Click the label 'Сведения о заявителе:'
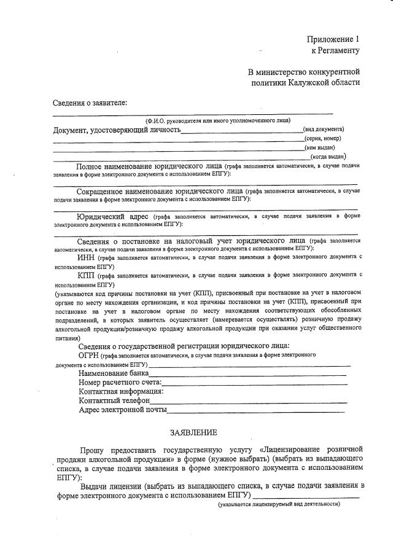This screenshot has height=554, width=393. [90, 102]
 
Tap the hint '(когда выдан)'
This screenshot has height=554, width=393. [327, 157]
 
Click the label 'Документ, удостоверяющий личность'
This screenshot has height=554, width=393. [117, 130]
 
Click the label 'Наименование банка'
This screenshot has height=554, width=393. [114, 373]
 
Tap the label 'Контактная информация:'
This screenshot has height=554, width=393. [121, 391]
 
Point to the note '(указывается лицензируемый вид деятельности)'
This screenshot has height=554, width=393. [279, 504]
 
